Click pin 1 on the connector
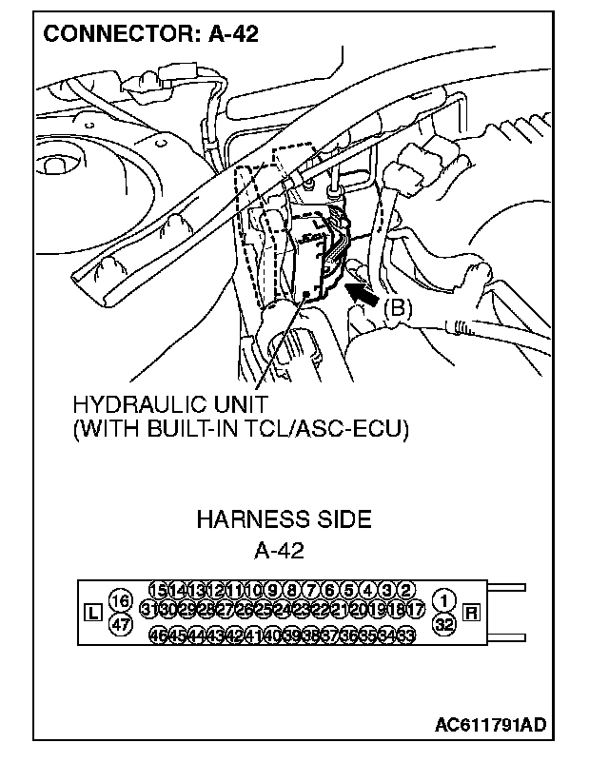pyautogui.click(x=444, y=600)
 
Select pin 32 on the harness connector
pyautogui.click(x=444, y=624)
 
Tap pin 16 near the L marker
pyautogui.click(x=120, y=600)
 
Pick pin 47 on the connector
pyautogui.click(x=120, y=624)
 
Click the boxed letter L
pyautogui.click(x=92, y=613)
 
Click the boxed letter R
pyautogui.click(x=470, y=613)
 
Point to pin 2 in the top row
pyautogui.click(x=405, y=589)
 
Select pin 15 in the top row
pyautogui.click(x=159, y=589)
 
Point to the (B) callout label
pyautogui.click(x=399, y=308)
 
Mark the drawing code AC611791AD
pyautogui.click(x=490, y=725)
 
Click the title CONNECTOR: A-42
pyautogui.click(x=150, y=35)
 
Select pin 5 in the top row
pyautogui.click(x=349, y=589)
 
